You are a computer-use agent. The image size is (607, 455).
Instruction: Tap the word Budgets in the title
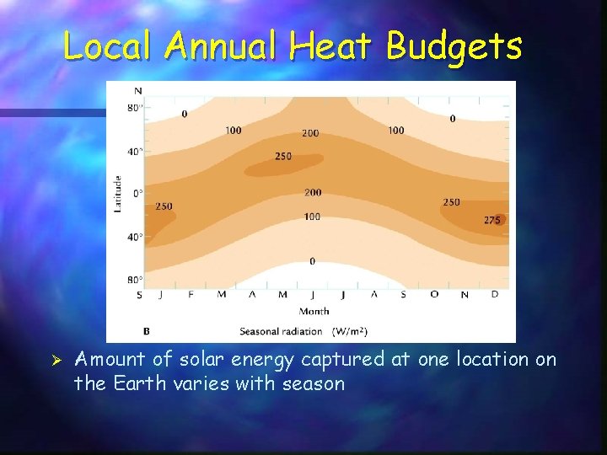(454, 46)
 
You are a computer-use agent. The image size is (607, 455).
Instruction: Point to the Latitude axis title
(118, 193)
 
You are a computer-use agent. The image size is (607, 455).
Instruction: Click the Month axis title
(313, 311)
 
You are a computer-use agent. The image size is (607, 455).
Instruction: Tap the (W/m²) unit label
(349, 331)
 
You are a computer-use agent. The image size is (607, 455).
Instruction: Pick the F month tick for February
(190, 295)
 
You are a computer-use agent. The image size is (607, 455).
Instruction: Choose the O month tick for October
(434, 295)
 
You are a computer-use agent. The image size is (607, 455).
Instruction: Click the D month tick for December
(494, 295)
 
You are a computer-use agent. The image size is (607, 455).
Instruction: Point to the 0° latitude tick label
(137, 193)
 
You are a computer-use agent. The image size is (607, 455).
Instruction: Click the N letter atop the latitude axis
(137, 90)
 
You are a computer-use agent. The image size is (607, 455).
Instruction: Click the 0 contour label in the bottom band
(312, 261)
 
